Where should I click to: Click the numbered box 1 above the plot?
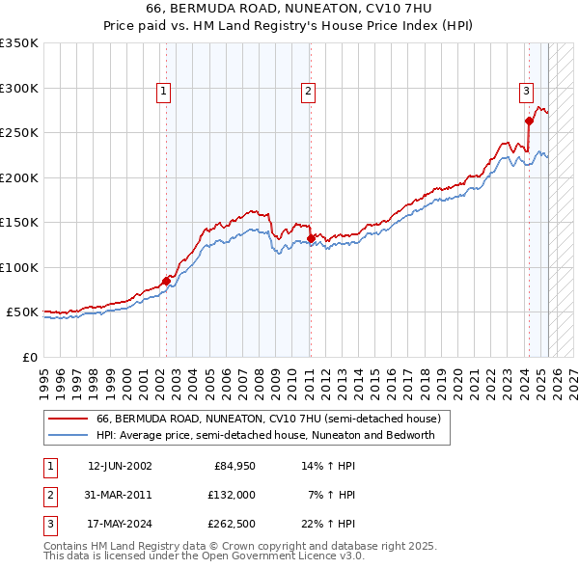pyautogui.click(x=164, y=93)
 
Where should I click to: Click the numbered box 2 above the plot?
pyautogui.click(x=308, y=93)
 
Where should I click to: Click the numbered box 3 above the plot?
pyautogui.click(x=527, y=93)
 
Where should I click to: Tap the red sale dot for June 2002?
pyautogui.click(x=166, y=280)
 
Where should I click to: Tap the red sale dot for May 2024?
pyautogui.click(x=529, y=121)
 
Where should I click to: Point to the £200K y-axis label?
pyautogui.click(x=19, y=177)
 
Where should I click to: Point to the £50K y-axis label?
pyautogui.click(x=23, y=312)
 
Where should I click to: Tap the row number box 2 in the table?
pyautogui.click(x=49, y=495)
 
